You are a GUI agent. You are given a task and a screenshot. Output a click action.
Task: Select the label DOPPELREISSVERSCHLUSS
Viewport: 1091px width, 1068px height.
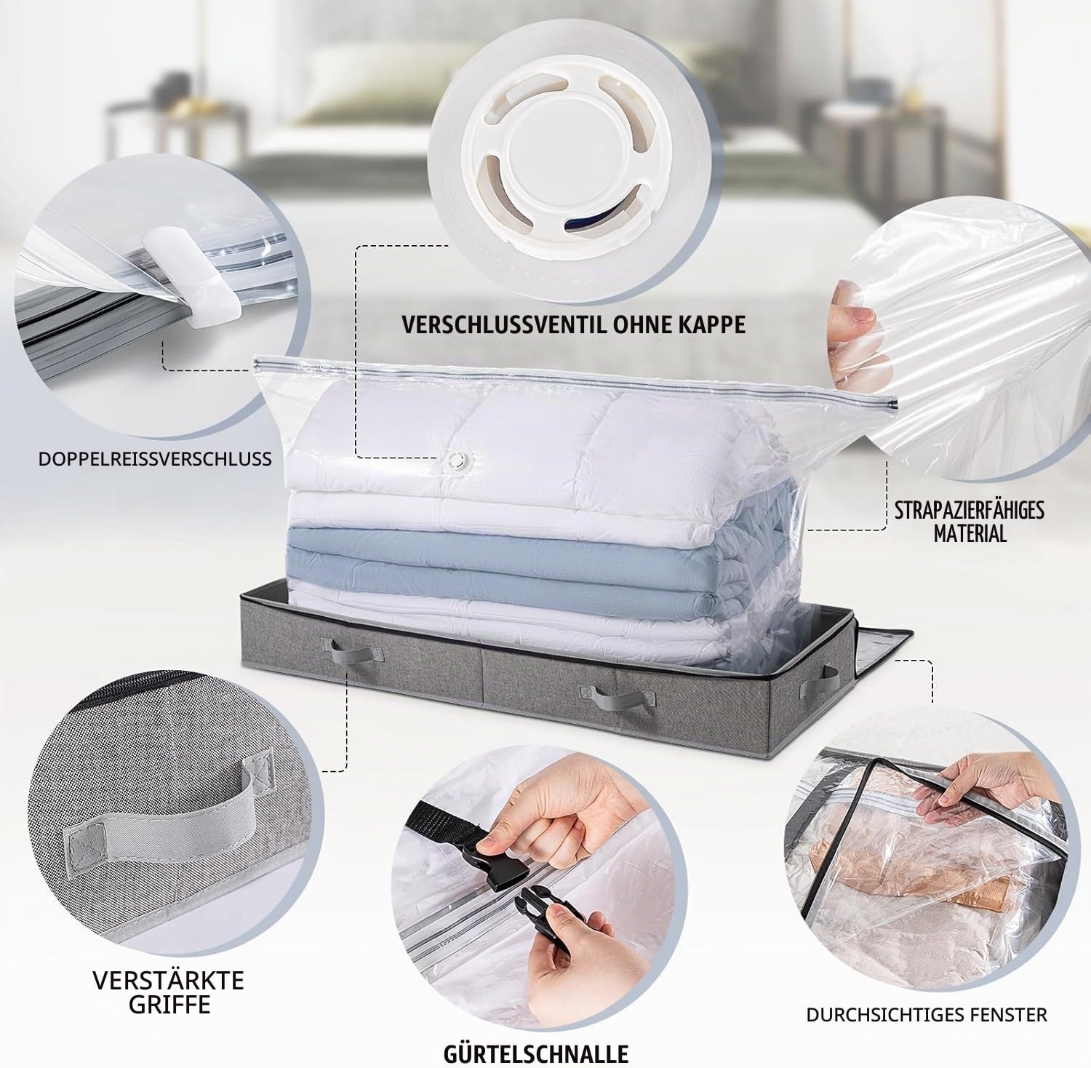click(155, 458)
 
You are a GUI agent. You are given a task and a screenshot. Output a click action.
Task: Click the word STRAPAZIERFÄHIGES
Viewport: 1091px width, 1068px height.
click(970, 509)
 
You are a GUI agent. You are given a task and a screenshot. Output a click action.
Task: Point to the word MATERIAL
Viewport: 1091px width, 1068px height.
click(970, 533)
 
